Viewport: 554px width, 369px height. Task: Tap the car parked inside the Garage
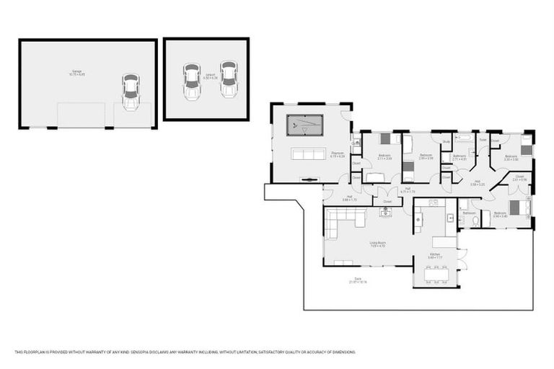pos(131,92)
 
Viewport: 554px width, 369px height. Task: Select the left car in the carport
pos(191,81)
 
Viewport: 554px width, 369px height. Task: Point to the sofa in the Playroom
pos(307,154)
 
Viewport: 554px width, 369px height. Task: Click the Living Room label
pos(377,244)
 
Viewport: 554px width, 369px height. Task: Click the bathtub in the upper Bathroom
pos(463,137)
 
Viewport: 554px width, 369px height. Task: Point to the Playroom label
pos(337,154)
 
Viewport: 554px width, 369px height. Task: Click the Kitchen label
pos(435,254)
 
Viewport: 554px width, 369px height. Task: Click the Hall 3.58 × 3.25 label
pos(477,182)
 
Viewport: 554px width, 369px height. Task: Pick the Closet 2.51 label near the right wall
pos(519,177)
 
